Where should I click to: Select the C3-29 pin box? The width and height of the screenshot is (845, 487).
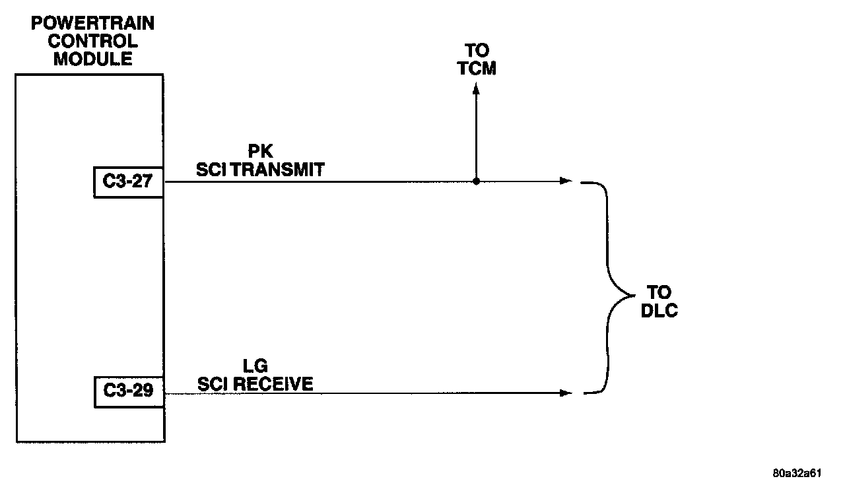pos(129,391)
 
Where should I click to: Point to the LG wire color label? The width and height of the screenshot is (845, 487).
pos(255,366)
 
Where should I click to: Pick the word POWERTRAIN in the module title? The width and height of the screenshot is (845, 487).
pos(93,24)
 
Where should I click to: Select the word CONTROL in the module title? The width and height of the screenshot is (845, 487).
pos(93,42)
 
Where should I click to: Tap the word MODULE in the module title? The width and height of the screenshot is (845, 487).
pos(93,59)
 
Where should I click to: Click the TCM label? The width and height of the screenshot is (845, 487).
pos(477,69)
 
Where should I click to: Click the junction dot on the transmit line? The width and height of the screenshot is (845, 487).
pos(476,181)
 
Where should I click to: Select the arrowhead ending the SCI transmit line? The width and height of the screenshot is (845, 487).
pos(566,181)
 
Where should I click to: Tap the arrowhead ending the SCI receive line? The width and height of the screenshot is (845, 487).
pos(566,393)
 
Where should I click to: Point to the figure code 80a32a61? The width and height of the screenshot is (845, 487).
pos(797,473)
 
